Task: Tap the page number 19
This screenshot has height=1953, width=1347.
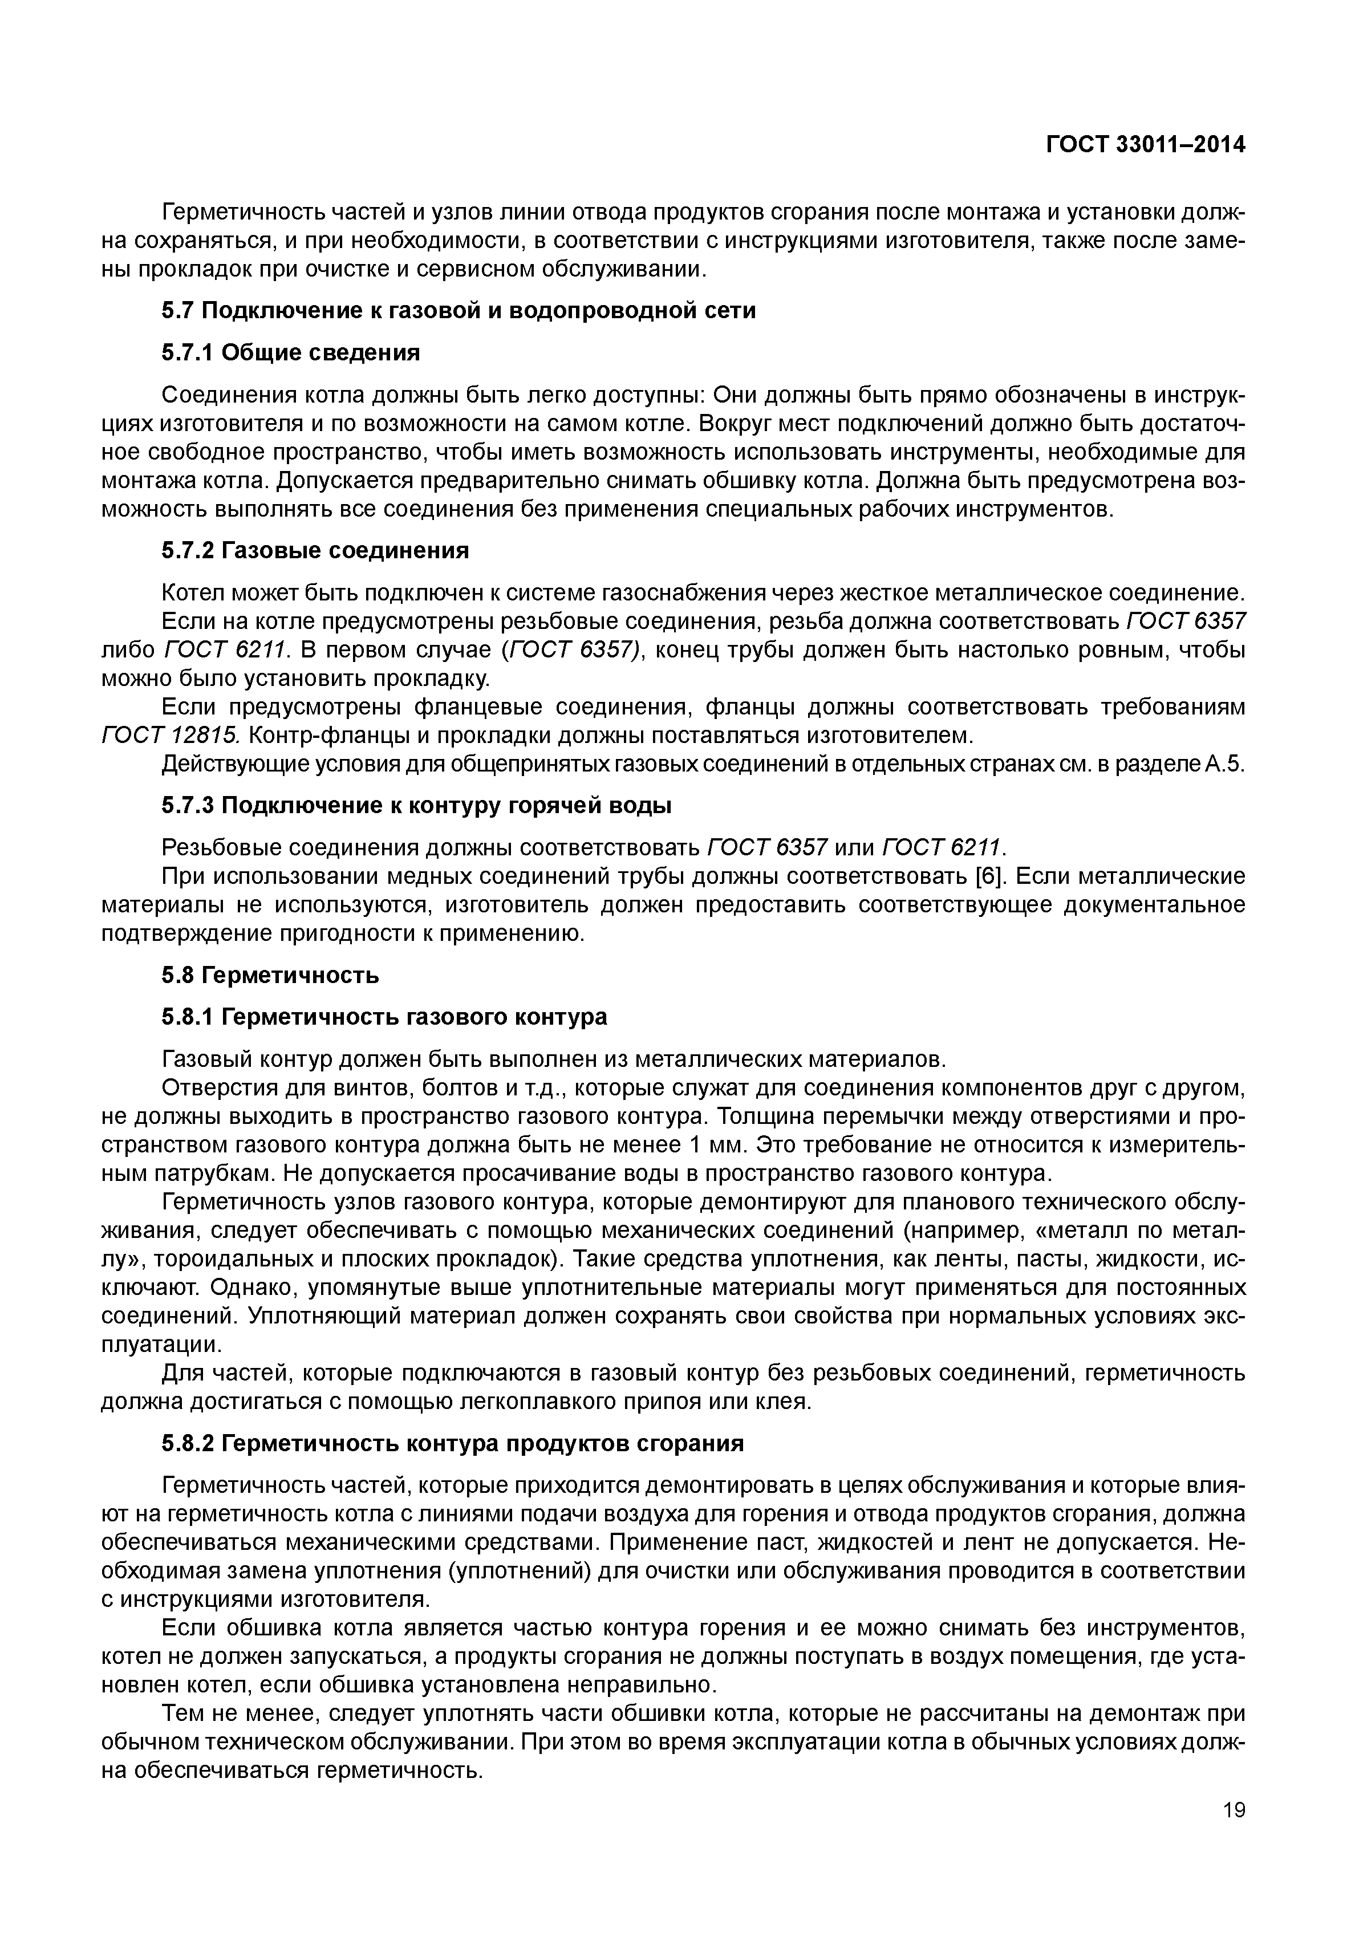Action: coord(1233,1834)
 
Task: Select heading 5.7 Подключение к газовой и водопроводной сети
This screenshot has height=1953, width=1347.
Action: coord(459,311)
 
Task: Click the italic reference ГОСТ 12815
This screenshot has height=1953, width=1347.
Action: coord(171,736)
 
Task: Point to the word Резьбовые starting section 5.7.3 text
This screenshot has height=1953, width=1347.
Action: coord(218,847)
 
